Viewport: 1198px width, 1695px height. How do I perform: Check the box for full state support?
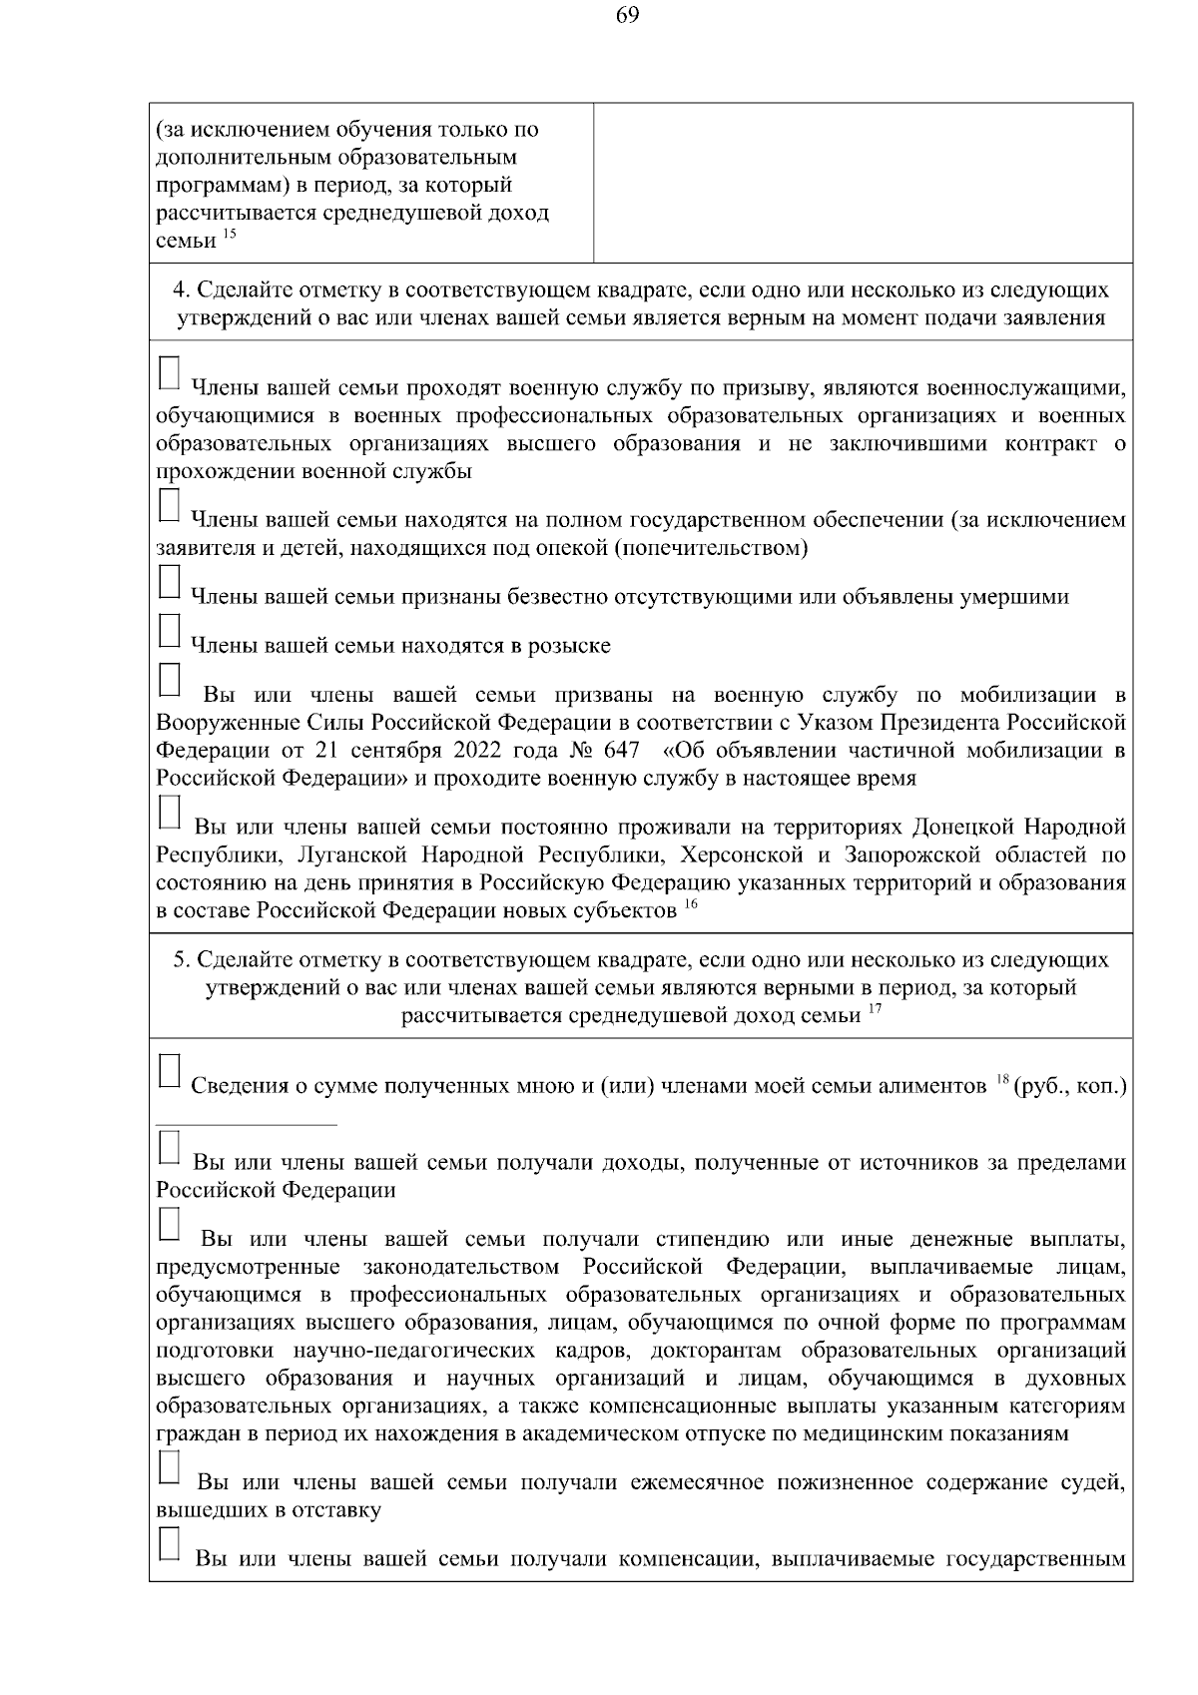coord(170,505)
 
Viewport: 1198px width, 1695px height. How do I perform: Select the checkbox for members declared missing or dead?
coord(170,583)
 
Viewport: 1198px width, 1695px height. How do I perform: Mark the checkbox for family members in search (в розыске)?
coord(170,631)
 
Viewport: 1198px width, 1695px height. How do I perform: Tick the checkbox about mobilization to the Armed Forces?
coord(170,679)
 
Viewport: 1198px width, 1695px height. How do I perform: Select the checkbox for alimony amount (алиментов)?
coord(170,1070)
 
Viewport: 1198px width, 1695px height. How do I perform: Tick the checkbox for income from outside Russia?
coord(170,1147)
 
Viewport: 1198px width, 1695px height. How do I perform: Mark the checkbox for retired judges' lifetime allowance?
coord(170,1467)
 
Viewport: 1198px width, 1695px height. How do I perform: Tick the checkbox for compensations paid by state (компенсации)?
coord(170,1544)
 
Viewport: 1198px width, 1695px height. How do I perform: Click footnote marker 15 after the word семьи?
coord(230,235)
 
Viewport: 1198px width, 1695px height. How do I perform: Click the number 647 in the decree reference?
coord(621,750)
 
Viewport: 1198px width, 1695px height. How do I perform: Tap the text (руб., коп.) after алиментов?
coord(1069,1086)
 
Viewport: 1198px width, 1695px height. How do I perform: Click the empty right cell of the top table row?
coord(863,183)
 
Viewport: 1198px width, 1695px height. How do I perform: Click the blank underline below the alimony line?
coord(247,1125)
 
